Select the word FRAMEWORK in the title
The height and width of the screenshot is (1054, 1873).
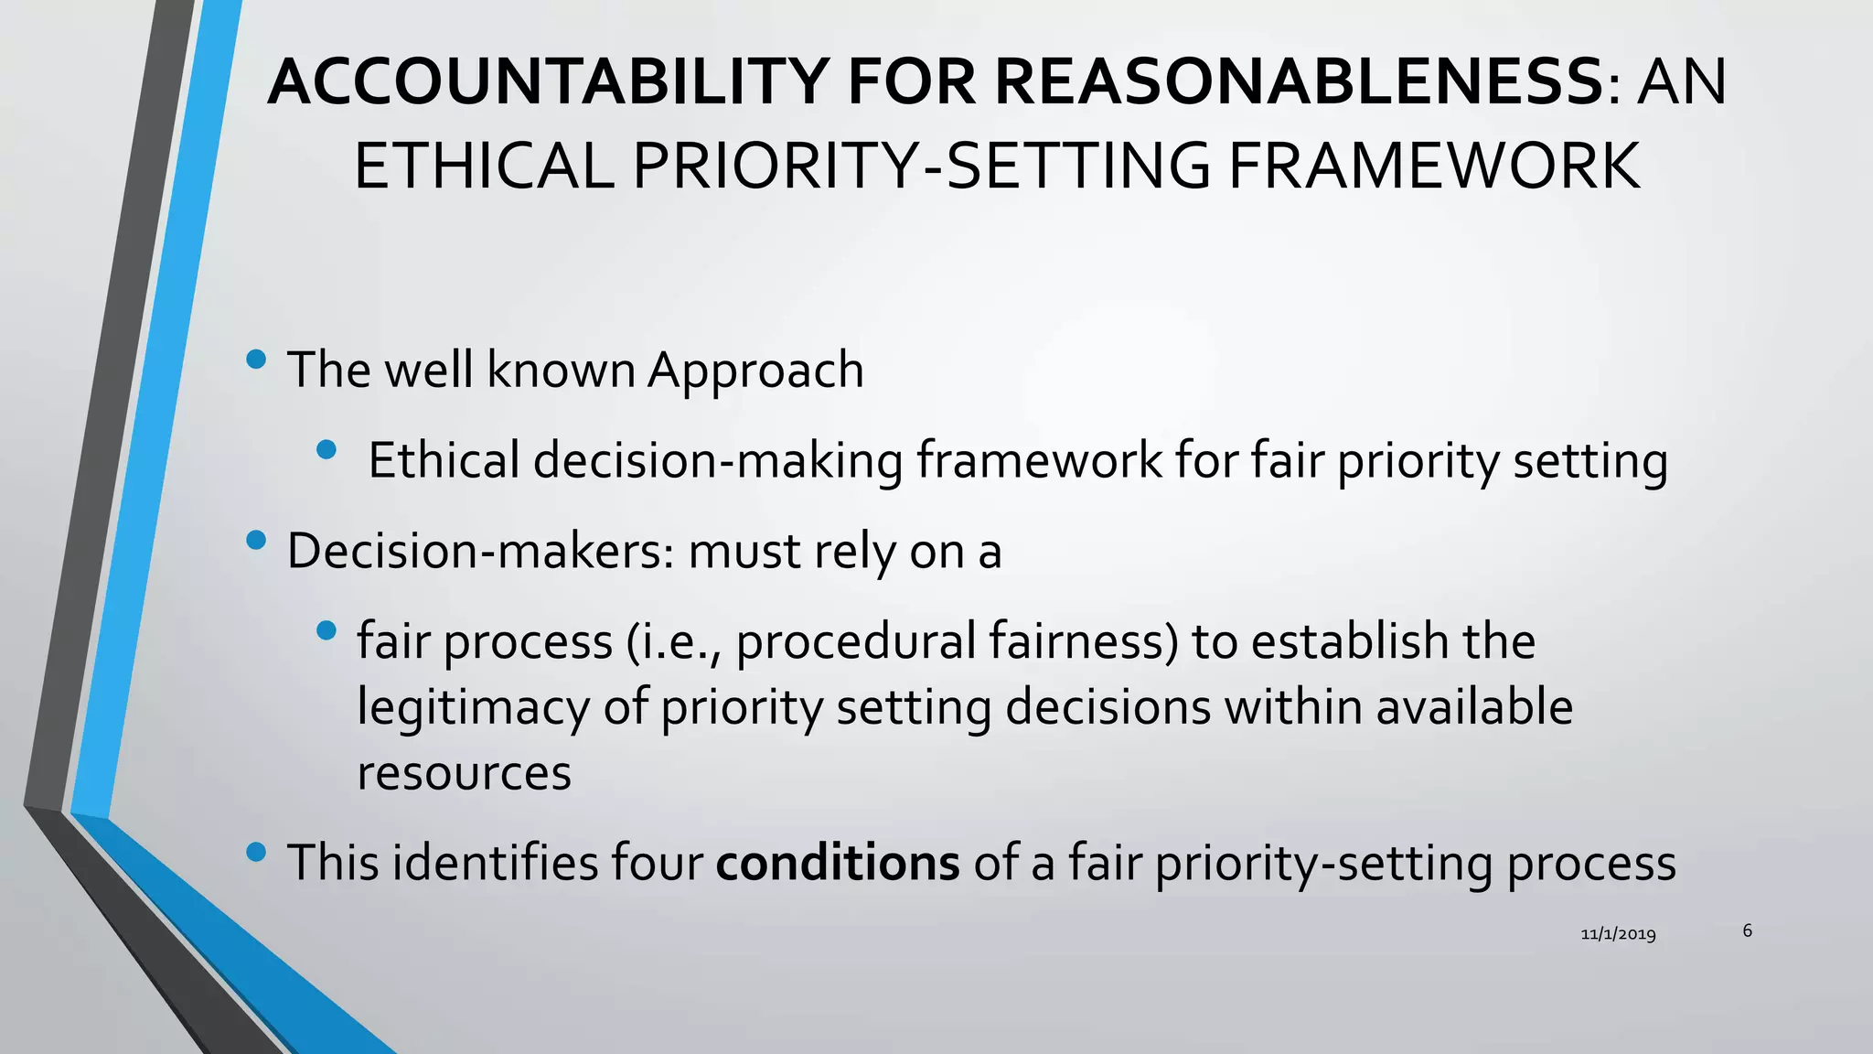(x=1433, y=167)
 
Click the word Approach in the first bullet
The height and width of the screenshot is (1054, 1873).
(x=755, y=371)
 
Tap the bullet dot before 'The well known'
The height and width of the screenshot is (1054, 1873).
(x=257, y=359)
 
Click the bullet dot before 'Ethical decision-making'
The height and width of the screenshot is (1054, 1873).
(x=326, y=449)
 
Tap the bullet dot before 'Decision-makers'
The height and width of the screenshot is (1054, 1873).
(x=257, y=541)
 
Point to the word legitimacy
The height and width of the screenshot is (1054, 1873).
(x=473, y=708)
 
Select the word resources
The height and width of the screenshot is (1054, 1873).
(x=464, y=773)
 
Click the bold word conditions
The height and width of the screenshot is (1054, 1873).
(x=838, y=863)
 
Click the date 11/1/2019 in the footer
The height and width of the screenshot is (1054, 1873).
(x=1618, y=934)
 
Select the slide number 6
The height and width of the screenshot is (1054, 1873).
(x=1747, y=930)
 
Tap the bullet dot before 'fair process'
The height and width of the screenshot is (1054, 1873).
(x=326, y=630)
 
